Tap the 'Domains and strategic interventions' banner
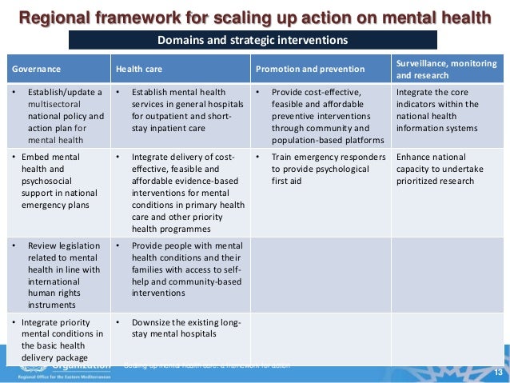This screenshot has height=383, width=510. coord(253,40)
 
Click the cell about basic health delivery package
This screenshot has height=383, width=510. coord(56,340)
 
